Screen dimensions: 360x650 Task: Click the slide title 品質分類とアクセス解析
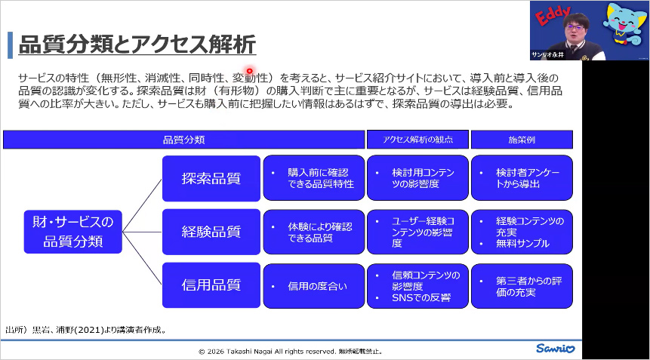137,45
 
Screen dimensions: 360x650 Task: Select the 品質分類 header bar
183,140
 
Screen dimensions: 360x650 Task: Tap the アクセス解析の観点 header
417,140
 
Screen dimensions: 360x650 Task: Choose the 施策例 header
521,140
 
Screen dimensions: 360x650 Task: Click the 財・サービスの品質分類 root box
72,232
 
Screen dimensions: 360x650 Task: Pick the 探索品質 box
211,178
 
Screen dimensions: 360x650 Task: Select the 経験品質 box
211,232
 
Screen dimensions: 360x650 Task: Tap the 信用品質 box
211,285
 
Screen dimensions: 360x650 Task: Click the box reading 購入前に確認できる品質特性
313,178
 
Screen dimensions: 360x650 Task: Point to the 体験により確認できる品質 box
313,232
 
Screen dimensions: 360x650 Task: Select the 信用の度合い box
313,285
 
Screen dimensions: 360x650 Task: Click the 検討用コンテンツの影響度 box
417,178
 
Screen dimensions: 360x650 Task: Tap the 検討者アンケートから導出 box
522,178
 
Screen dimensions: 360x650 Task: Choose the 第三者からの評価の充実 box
522,285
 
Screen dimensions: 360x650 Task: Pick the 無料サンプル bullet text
522,243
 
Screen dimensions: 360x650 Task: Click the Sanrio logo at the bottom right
556,349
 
